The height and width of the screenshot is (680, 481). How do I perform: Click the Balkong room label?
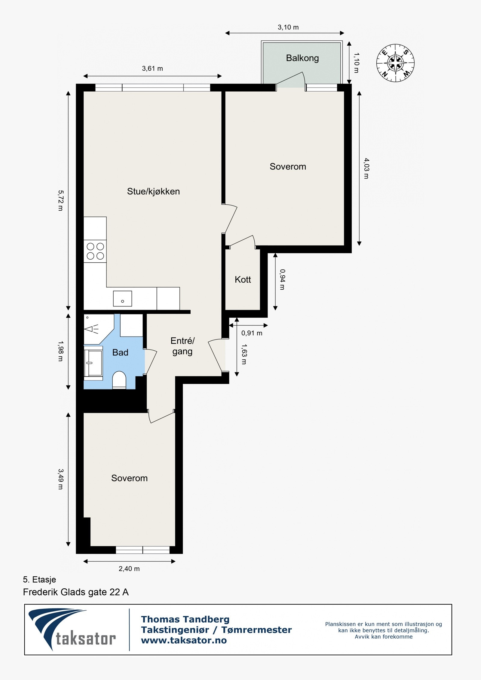pos(302,58)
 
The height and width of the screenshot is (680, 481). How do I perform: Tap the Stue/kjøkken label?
pos(153,191)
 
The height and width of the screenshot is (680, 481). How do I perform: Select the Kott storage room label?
pos(243,279)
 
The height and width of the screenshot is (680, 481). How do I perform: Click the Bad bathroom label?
pos(120,352)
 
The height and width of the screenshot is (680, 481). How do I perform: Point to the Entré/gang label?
pos(182,346)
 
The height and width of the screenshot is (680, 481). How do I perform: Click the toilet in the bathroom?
pos(119,380)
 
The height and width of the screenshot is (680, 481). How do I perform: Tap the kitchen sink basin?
pos(122,298)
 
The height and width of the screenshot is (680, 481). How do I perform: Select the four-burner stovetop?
pos(95,251)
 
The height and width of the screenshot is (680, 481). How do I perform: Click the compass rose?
pos(395,63)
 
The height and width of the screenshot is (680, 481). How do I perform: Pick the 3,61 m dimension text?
pos(152,69)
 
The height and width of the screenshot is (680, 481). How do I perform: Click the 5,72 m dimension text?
pos(60,200)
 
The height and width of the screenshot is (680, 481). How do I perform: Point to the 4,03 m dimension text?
pos(366,168)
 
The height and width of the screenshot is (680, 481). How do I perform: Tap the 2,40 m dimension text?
pos(129,569)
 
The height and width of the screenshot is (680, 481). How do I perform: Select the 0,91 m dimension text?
pos(252,333)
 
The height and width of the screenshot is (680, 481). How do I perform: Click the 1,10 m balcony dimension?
pos(356,63)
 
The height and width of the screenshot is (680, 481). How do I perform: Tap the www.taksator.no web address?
pos(184,640)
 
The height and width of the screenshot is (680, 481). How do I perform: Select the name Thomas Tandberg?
pos(185,619)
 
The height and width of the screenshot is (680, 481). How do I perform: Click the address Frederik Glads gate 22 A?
pos(76,592)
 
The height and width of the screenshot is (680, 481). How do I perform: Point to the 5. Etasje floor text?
pos(39,579)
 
